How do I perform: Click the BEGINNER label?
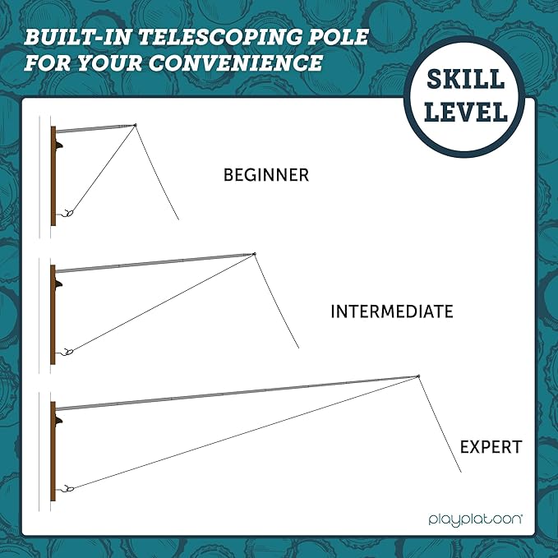point(265,175)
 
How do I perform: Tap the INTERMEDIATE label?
point(392,311)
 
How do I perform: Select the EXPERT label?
point(491,447)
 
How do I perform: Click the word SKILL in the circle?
point(465,80)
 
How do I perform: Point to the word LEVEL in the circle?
point(466,112)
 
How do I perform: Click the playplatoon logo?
point(475,519)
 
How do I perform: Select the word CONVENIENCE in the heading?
point(235,62)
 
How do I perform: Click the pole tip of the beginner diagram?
point(136,125)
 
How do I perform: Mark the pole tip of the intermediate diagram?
point(254,254)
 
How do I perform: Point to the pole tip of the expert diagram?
point(418,376)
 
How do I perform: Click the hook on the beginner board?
point(58,145)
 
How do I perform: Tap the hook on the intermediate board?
point(58,284)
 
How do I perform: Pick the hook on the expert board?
point(58,420)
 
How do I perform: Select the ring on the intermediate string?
point(70,352)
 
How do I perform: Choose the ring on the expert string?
point(70,489)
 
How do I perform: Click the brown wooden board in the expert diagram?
point(53,451)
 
